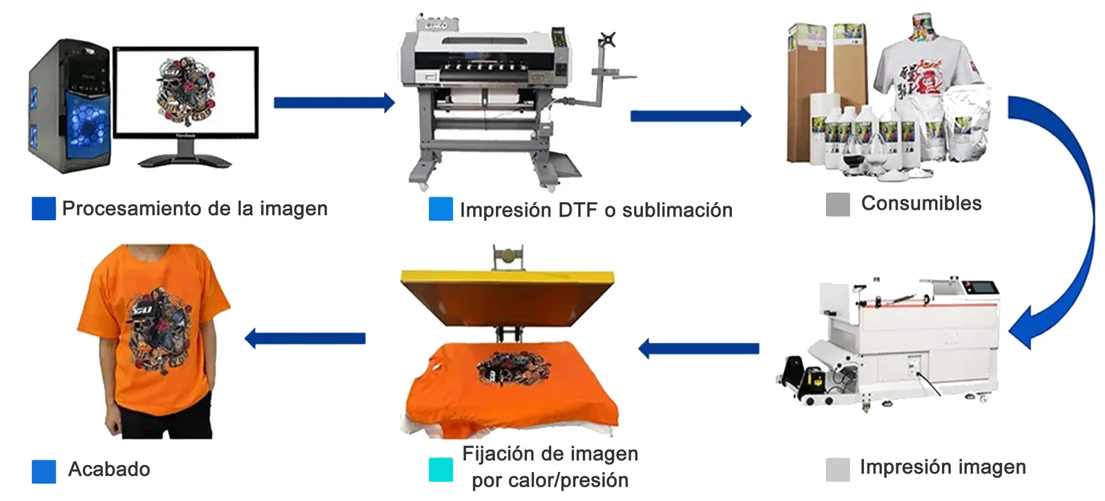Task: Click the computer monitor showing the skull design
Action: [x=185, y=92]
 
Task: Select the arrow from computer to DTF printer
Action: [x=334, y=104]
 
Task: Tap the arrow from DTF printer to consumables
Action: [x=690, y=116]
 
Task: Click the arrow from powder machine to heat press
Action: [x=698, y=348]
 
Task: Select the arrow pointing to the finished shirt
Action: [x=305, y=338]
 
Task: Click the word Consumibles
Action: [x=921, y=204]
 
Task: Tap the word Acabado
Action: [x=109, y=469]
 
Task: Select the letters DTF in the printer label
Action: [x=577, y=210]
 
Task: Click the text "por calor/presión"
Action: [x=550, y=480]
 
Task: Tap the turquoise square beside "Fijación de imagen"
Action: [x=441, y=470]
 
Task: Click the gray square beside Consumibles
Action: [x=838, y=204]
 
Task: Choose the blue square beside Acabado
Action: [x=44, y=471]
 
